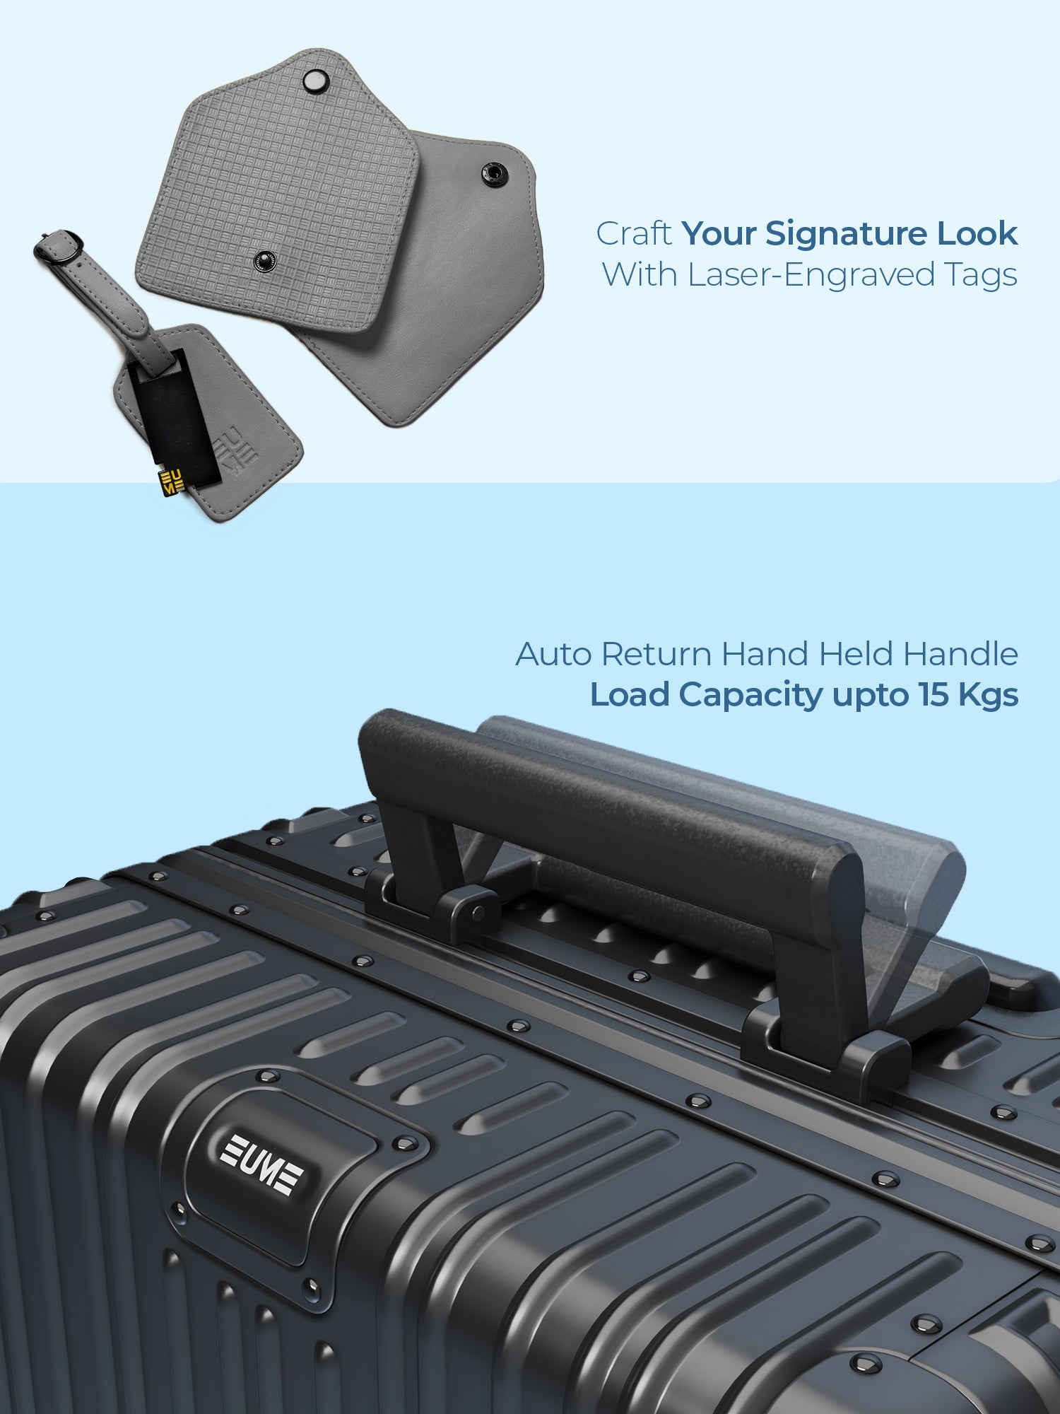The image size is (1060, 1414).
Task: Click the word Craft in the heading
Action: coord(634,234)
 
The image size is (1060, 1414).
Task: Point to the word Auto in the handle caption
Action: coord(553,654)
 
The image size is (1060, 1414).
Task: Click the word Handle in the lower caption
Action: coord(961,653)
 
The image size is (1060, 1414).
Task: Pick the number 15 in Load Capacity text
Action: coord(934,695)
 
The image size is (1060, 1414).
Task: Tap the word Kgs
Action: coord(989,696)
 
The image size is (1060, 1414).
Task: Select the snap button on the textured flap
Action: coord(265,261)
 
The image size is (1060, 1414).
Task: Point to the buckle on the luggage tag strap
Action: coord(59,247)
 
